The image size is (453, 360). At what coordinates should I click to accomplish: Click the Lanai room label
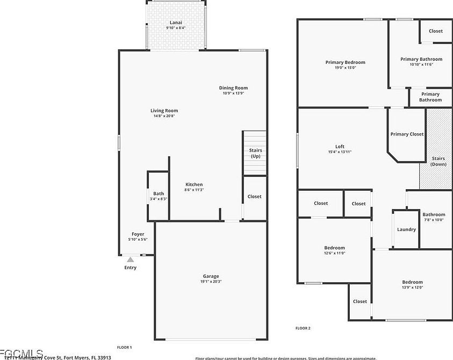coord(175,22)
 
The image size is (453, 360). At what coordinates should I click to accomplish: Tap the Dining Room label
coord(233,88)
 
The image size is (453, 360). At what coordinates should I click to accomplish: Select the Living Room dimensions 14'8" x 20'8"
coord(164,116)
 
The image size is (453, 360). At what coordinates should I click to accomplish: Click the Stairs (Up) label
coord(256,153)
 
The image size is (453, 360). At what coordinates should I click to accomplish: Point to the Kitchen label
coord(194,184)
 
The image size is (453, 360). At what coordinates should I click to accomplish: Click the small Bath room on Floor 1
coord(159,196)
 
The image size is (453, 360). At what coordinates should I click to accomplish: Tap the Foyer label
coord(138,234)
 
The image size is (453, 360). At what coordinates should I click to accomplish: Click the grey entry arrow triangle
coord(130,259)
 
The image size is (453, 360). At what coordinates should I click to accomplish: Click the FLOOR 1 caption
coord(125,347)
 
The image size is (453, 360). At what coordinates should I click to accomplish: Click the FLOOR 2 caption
coord(303,328)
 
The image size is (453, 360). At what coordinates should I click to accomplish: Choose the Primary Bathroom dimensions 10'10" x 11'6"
coord(421,64)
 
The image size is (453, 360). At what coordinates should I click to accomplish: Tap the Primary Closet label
coord(407,134)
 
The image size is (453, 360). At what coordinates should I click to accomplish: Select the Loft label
coord(340,146)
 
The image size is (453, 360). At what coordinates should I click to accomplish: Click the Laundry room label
coord(406,229)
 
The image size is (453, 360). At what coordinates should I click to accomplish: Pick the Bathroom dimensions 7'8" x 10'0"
coord(434,219)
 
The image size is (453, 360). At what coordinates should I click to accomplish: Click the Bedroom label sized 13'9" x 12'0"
coord(413,282)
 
